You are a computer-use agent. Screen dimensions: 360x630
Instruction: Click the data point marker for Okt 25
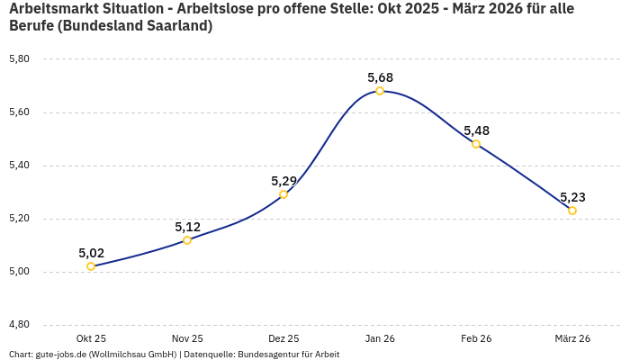91,266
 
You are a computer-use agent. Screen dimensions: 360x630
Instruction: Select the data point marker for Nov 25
187,240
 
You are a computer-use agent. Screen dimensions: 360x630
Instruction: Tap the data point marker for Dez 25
283,194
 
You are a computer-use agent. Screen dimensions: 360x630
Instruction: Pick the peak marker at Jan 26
380,91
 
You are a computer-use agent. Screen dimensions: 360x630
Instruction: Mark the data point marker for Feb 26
476,144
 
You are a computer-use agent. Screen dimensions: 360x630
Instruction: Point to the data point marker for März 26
572,211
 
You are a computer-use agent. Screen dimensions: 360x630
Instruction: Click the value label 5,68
380,77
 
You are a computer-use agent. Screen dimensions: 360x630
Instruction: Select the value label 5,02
91,253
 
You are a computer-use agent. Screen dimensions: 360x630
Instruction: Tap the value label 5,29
283,181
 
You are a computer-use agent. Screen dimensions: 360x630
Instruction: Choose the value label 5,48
476,130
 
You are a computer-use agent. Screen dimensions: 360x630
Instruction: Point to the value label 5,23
572,197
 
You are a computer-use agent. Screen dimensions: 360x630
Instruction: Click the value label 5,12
187,227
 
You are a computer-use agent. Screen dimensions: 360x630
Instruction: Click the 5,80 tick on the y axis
19,59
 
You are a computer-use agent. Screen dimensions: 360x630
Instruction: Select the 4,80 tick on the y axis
19,325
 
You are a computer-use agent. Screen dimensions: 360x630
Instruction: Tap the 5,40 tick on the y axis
19,166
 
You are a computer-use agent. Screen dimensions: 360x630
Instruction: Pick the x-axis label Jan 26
380,338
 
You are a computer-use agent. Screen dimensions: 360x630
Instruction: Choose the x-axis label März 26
572,338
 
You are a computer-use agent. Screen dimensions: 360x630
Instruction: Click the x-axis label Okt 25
91,338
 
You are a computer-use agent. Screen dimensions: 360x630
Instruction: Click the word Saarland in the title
176,26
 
